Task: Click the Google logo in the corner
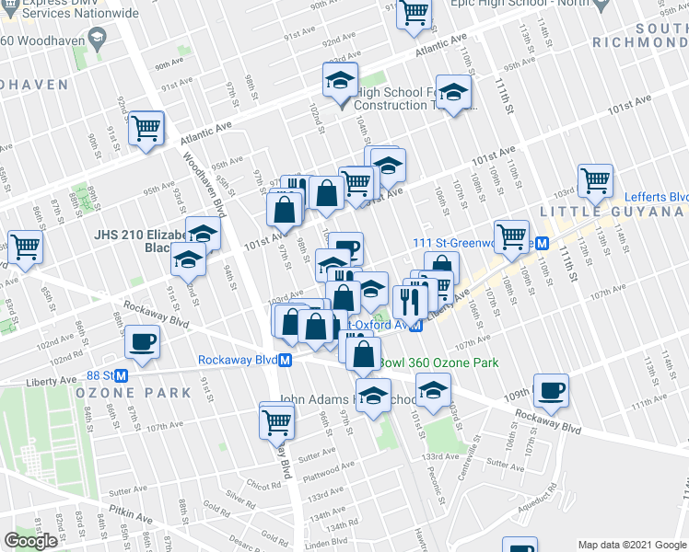coord(32,540)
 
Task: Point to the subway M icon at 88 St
coord(121,375)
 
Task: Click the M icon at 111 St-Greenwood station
coord(543,243)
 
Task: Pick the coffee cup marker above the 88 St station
coord(143,341)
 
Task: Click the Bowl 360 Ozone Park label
coord(438,363)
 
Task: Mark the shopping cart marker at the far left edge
coord(24,246)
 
